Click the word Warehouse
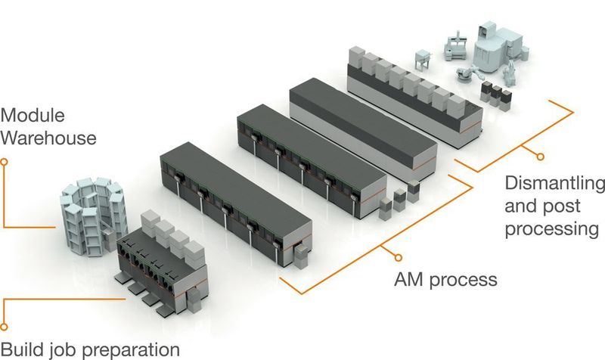coord(48,138)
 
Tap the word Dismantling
coord(554,185)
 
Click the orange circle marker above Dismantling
coord(539,157)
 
